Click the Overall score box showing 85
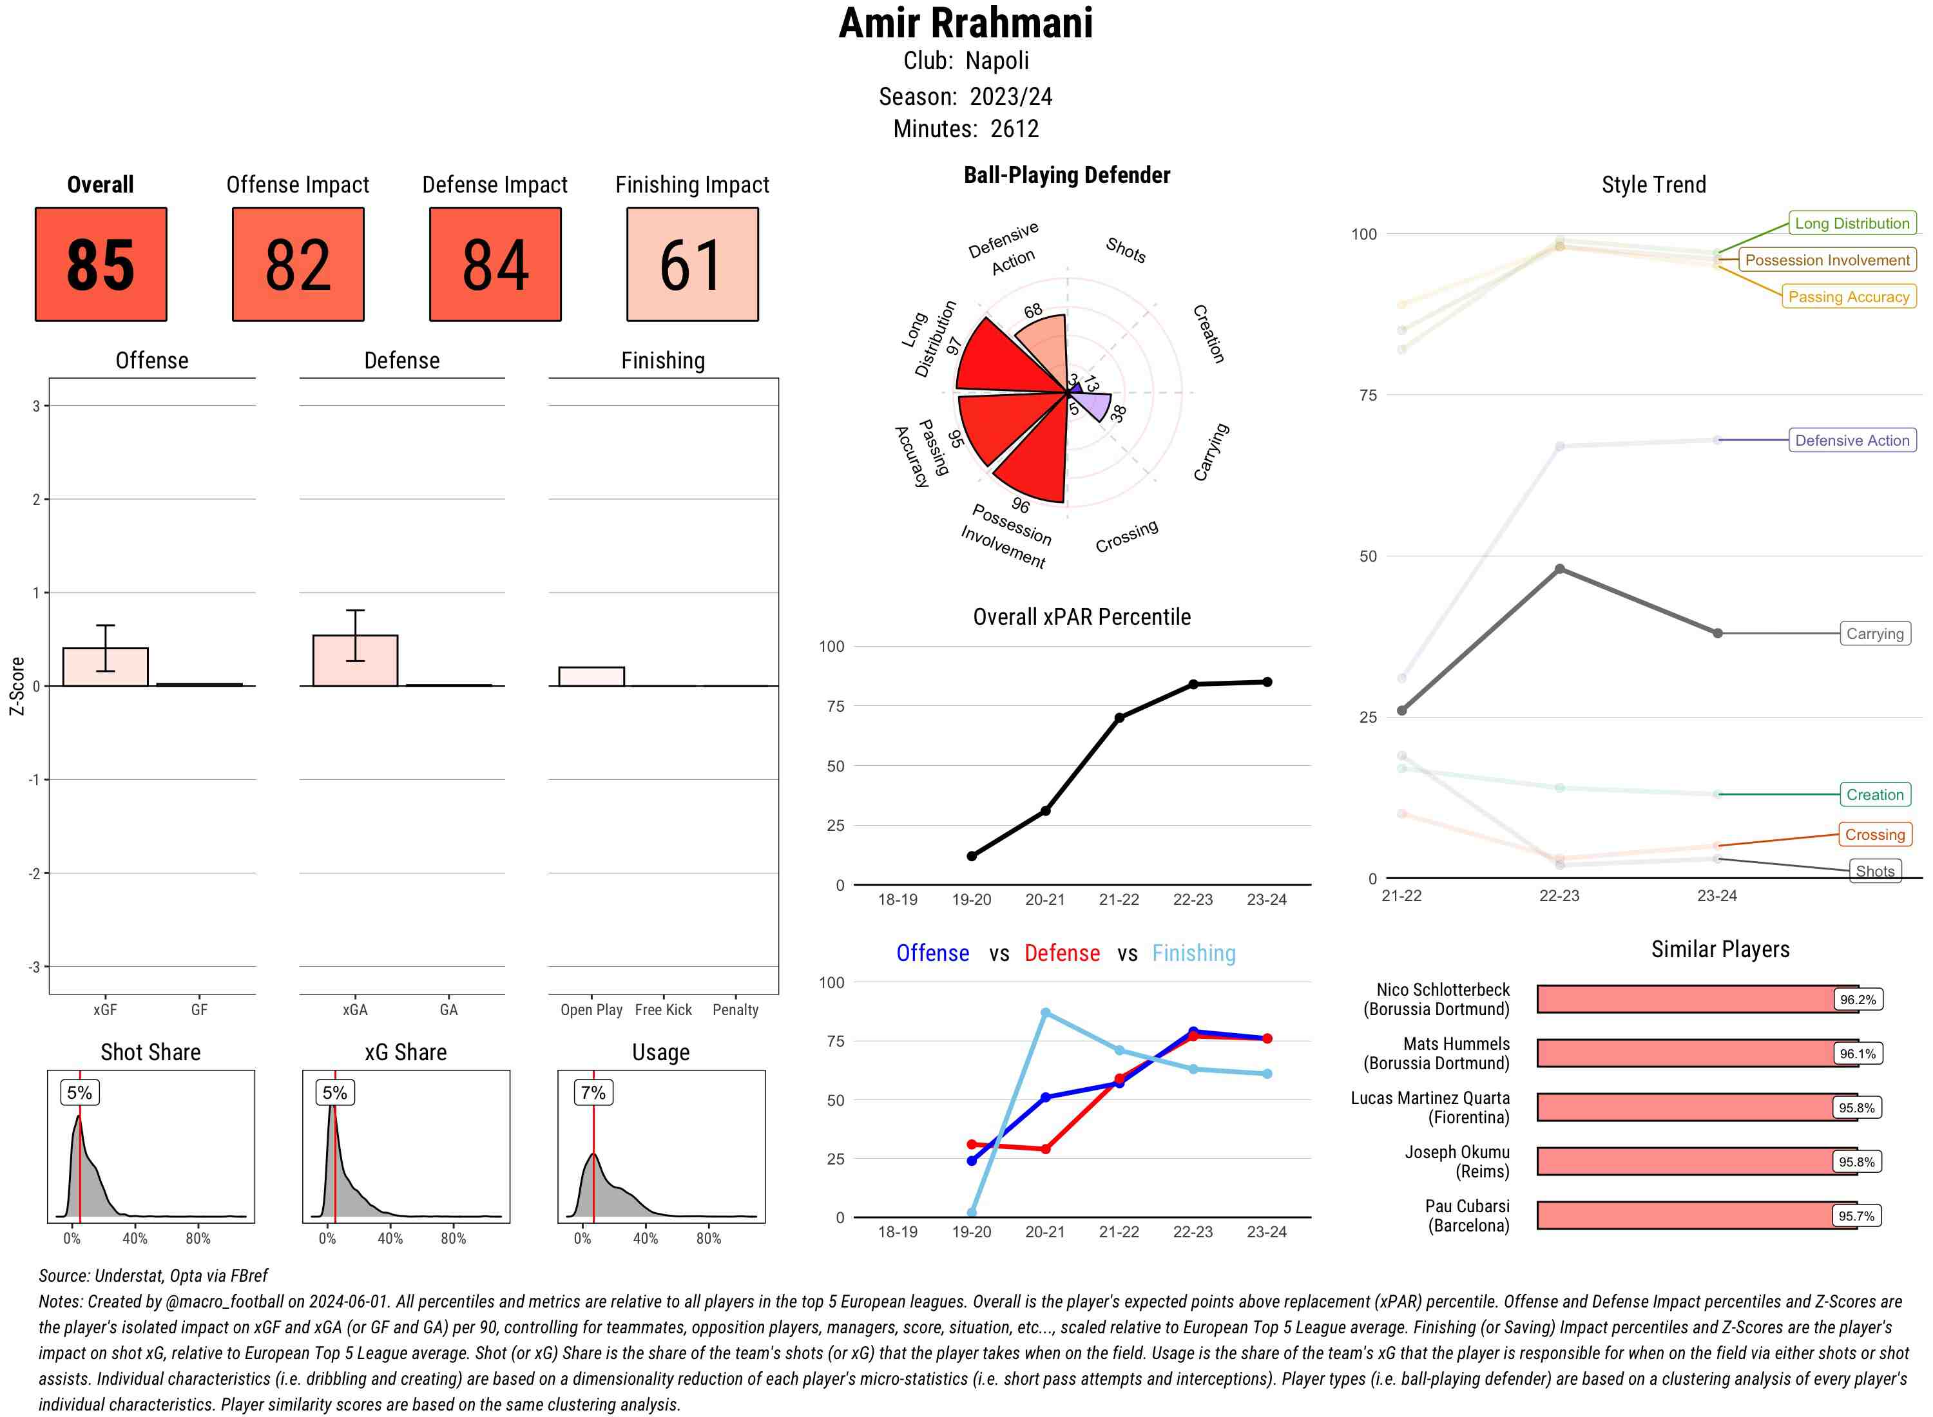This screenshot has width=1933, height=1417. coord(101,264)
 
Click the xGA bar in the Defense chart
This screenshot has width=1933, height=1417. coord(355,660)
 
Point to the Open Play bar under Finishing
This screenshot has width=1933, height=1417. coord(591,677)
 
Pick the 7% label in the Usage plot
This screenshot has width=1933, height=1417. coord(593,1093)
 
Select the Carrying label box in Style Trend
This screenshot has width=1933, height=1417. coord(1874,634)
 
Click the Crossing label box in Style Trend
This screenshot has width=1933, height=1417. coord(1874,835)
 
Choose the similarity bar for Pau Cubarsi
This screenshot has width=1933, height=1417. coord(1695,1215)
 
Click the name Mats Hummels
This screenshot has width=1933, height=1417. coord(1456,1044)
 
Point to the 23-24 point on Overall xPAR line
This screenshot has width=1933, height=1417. coord(1267,682)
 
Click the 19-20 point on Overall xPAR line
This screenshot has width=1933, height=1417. coord(971,856)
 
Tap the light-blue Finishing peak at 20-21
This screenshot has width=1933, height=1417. coord(1045,1013)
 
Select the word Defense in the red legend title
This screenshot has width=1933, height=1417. coord(1061,953)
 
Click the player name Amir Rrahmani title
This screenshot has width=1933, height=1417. coord(965,24)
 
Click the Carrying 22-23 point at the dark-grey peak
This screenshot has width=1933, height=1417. coord(1559,569)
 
